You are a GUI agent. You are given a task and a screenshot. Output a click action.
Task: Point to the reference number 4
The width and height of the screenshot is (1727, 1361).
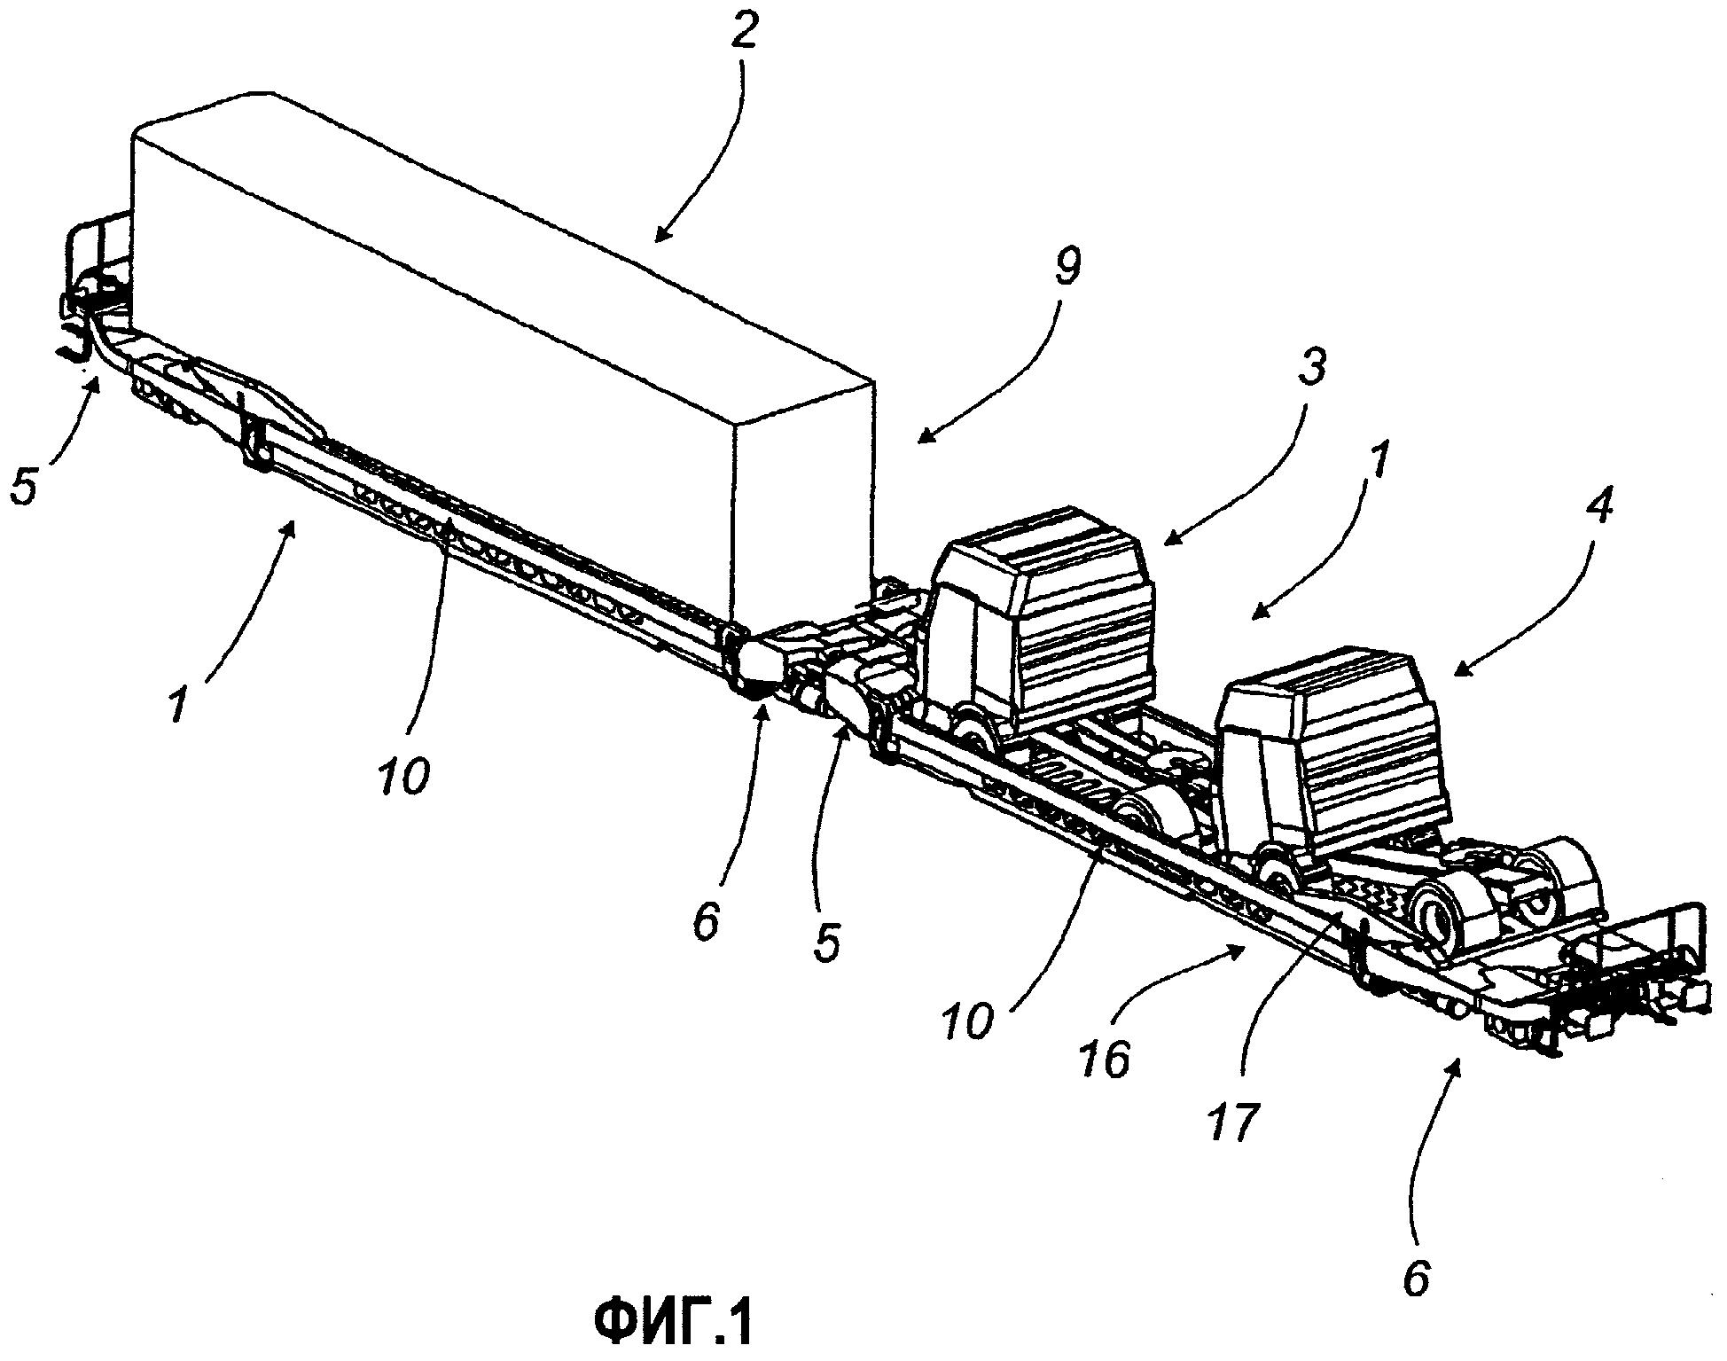click(x=1598, y=505)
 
